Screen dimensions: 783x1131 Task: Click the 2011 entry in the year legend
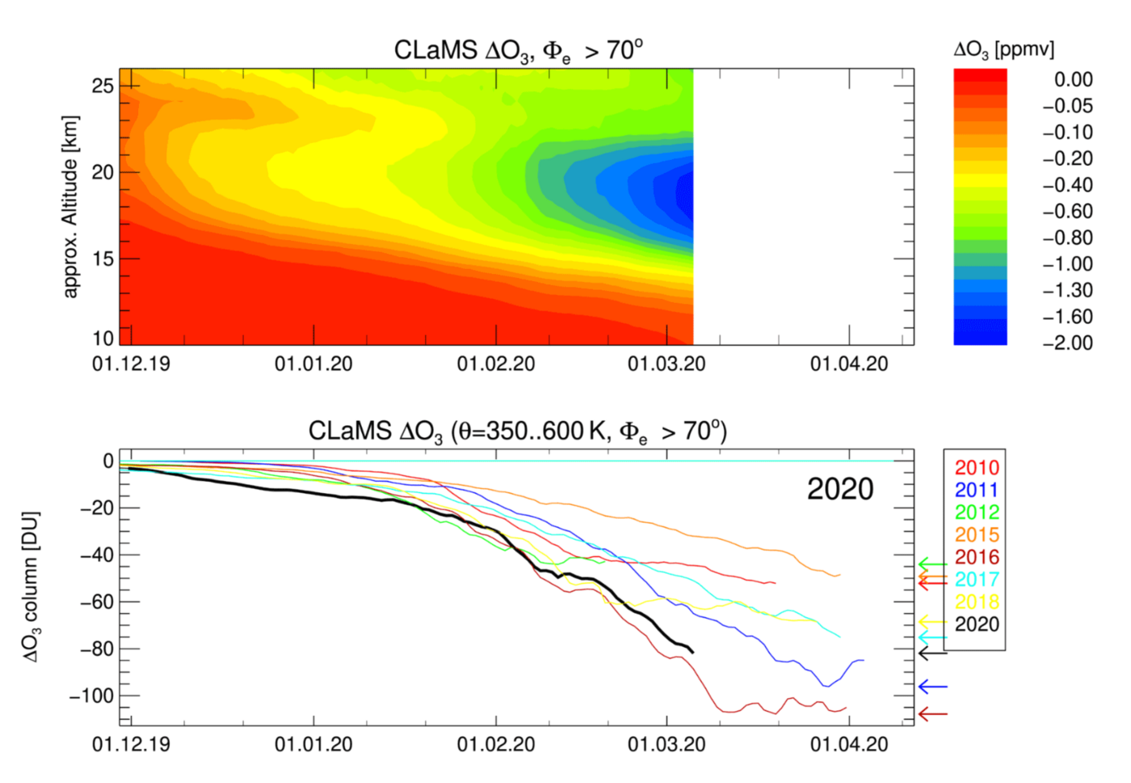coord(977,490)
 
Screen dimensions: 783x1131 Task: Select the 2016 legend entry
coord(977,557)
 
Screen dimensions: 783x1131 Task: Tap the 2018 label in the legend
coord(977,602)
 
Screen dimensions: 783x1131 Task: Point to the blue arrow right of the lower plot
coord(932,687)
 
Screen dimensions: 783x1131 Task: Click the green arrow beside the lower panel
coord(932,564)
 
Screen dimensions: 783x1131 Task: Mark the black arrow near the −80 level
coord(932,653)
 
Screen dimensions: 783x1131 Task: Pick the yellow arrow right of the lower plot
coord(932,621)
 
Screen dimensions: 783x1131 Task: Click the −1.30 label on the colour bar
coord(1067,290)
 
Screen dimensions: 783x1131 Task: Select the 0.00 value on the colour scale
coord(1073,79)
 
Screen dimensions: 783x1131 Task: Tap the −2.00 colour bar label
coord(1067,343)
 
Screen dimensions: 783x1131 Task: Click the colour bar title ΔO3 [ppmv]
coord(1003,50)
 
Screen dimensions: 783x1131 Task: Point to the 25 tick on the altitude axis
coord(103,86)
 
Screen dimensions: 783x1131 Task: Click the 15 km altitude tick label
coord(103,259)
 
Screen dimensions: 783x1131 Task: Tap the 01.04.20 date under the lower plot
coord(849,744)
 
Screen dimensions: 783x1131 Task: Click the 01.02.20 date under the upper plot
coord(496,364)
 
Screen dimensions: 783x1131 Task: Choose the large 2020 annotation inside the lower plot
coord(840,489)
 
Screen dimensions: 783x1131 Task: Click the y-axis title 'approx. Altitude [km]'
coord(71,207)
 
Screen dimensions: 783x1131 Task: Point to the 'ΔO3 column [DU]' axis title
coord(31,587)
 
